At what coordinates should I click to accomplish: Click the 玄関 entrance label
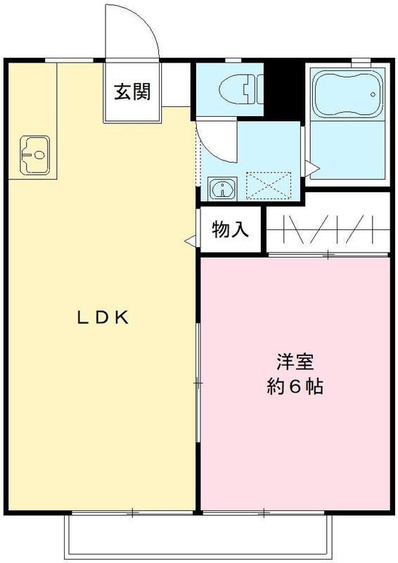tap(132, 91)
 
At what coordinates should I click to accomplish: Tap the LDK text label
tap(103, 317)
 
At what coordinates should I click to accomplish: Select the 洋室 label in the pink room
tap(295, 362)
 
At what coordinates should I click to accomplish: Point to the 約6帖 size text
tap(295, 386)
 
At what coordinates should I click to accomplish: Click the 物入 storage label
tap(230, 229)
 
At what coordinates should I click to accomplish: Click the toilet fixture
tap(241, 89)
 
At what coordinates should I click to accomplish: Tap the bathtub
tap(347, 94)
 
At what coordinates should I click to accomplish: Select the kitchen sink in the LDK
tap(34, 155)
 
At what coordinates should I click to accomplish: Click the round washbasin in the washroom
tap(223, 188)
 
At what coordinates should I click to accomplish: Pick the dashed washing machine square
tap(269, 185)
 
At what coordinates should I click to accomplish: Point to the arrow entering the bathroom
tap(312, 167)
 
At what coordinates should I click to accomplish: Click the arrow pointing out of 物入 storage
tap(190, 241)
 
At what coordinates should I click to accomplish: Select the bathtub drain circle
tap(373, 94)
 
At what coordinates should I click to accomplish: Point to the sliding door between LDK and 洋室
tap(198, 383)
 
